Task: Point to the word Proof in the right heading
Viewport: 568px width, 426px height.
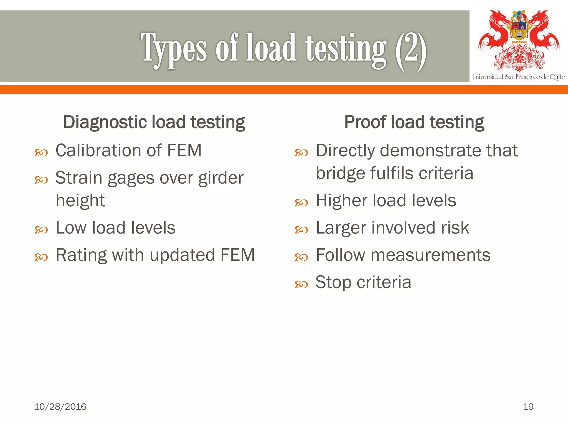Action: (x=365, y=122)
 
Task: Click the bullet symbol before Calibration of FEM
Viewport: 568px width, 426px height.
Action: (x=41, y=153)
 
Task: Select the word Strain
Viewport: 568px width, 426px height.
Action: (x=79, y=178)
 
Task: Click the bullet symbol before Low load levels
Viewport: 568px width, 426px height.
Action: (x=41, y=230)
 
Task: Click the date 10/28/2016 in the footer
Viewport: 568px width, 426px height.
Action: (x=60, y=407)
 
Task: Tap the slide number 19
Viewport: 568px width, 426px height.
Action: (x=528, y=407)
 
